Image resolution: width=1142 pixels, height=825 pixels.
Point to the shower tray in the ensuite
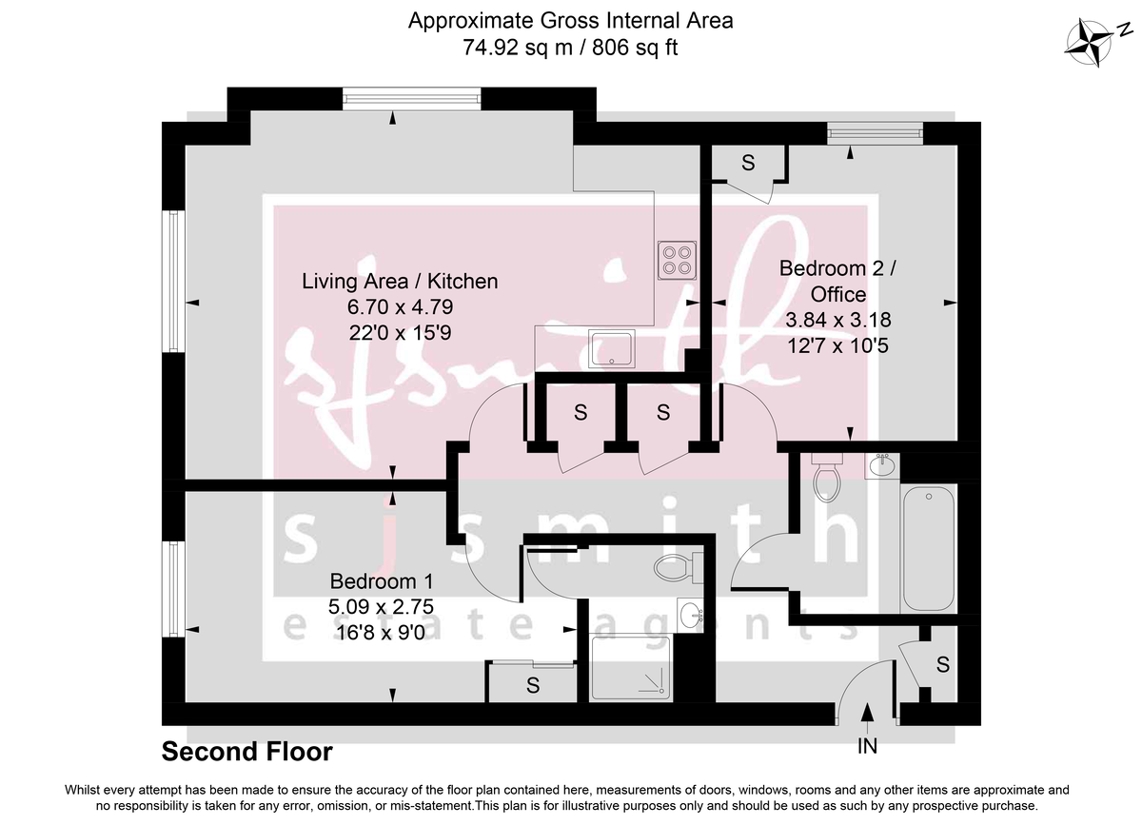pos(634,666)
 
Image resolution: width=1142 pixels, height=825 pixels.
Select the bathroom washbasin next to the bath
pos(880,466)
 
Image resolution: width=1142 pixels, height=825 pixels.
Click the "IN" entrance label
pos(867,747)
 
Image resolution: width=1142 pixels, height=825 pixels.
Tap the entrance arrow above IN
pos(867,714)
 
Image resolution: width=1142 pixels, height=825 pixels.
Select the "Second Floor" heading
pos(247,752)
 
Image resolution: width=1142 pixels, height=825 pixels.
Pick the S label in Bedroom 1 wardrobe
pos(533,684)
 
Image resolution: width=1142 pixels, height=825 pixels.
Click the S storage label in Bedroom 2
pos(748,163)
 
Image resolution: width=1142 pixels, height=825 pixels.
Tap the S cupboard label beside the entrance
pos(942,665)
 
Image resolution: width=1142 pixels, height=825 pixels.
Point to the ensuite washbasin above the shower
pos(691,615)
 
